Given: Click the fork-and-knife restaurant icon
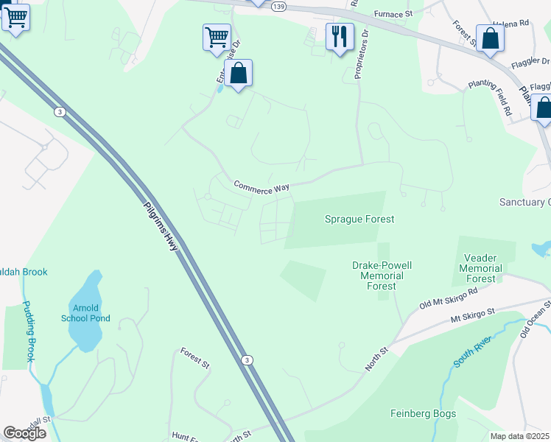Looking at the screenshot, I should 340,36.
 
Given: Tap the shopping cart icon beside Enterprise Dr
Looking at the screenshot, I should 217,37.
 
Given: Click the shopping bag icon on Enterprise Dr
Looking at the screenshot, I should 238,73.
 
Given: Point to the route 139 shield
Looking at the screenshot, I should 278,6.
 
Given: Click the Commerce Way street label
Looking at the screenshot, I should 262,187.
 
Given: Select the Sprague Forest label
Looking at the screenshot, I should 359,219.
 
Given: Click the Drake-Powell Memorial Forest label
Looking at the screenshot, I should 382,276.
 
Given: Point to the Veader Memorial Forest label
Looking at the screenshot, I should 481,268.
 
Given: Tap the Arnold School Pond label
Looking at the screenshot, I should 91,312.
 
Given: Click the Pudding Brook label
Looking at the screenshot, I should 27,331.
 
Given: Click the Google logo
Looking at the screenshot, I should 24,433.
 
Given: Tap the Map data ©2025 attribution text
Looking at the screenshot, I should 519,436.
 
